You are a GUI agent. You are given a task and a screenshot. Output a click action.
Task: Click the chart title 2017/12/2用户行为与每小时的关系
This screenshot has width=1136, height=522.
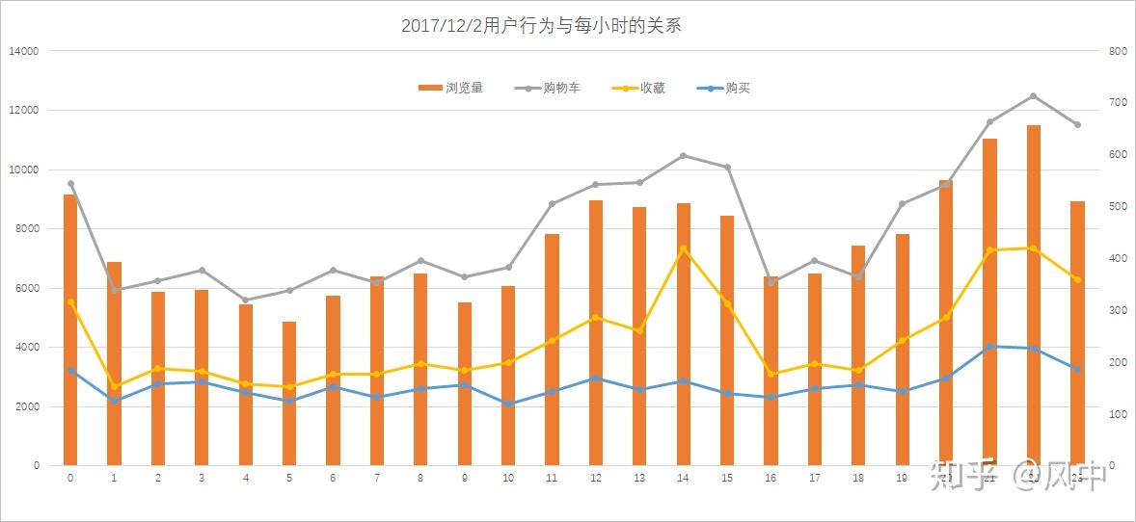tap(541, 26)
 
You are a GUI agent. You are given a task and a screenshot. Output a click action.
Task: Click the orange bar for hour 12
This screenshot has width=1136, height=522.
tap(596, 332)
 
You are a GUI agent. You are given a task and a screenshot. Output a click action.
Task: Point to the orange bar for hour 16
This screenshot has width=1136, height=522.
tap(771, 371)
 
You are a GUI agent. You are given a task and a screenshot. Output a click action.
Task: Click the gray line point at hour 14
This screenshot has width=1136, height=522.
tap(684, 155)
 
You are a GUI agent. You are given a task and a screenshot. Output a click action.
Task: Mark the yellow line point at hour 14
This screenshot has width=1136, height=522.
tap(684, 248)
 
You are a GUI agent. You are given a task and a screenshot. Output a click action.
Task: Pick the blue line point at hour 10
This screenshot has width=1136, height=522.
tap(508, 404)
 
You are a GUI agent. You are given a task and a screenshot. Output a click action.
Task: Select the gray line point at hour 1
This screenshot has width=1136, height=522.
tap(115, 290)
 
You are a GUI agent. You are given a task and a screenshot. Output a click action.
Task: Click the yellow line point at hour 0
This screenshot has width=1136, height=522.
tap(70, 302)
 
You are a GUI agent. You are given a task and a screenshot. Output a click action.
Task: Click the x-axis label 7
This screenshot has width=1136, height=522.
tap(377, 477)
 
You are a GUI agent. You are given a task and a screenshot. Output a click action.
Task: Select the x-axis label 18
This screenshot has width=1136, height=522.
tap(858, 477)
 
